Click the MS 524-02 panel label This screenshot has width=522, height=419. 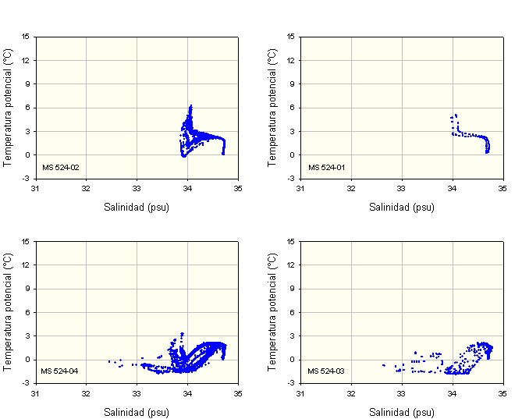(60, 167)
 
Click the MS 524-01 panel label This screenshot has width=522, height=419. (325, 167)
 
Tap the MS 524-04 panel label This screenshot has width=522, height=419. (60, 371)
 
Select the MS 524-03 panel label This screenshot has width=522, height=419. (325, 371)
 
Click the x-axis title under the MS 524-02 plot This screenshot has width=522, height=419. (137, 208)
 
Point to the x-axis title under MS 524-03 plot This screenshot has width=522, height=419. (402, 412)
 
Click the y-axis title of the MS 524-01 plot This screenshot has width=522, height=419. (272, 107)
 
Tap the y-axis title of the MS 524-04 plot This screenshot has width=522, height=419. (7, 311)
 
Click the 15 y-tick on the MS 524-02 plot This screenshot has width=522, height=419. (26, 36)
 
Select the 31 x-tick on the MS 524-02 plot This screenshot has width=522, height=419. (35, 188)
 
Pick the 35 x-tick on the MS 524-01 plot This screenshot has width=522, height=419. (503, 188)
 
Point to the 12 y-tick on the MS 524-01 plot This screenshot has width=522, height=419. (291, 60)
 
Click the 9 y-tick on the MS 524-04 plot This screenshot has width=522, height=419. (27, 289)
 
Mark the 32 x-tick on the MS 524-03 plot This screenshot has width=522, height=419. (351, 392)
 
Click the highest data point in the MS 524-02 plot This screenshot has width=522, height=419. (190, 106)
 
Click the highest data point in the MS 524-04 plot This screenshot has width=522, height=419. (182, 333)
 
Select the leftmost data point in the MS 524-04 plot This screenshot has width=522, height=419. (108, 361)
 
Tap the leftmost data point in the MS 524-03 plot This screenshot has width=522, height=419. (383, 364)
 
